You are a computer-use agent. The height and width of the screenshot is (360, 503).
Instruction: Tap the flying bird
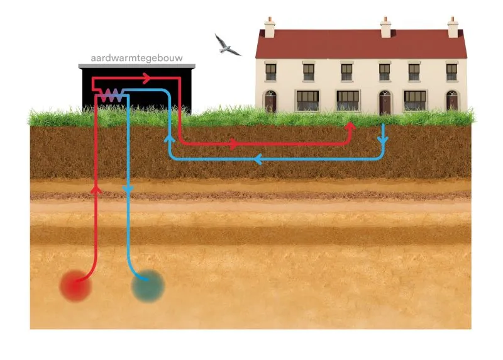(x=227, y=45)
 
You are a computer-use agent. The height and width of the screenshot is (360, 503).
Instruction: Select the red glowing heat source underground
(x=75, y=286)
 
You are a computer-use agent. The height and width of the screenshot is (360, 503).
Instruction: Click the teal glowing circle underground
(x=148, y=286)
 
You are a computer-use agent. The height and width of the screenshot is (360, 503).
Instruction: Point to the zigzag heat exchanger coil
(x=111, y=94)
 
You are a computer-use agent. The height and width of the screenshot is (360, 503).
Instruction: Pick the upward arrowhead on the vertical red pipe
(x=96, y=188)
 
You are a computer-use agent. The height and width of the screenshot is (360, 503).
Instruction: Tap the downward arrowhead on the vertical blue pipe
(x=128, y=189)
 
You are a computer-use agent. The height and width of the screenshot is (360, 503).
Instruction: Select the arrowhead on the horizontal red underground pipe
(x=233, y=144)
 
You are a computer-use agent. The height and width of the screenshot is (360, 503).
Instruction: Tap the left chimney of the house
(x=270, y=27)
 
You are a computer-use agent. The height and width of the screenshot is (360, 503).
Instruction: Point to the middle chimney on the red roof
(x=386, y=27)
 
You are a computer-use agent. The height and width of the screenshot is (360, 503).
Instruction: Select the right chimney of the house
(x=453, y=27)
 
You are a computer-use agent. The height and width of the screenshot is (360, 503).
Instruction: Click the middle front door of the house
(x=385, y=102)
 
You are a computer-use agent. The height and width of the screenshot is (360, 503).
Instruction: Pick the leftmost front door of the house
(x=270, y=101)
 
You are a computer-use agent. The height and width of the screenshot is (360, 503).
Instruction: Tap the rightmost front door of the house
(x=452, y=101)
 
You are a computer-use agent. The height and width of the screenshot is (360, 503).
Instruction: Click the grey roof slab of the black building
(x=137, y=66)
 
